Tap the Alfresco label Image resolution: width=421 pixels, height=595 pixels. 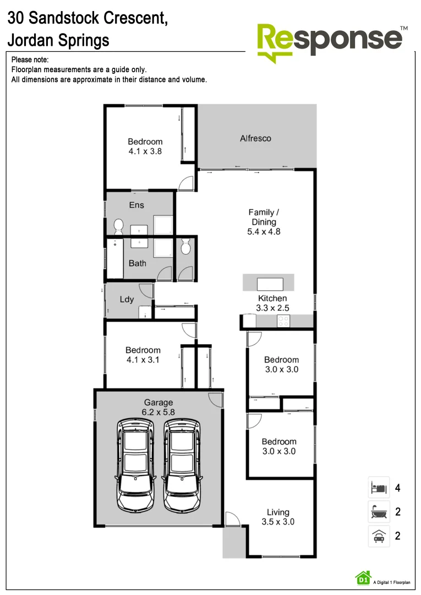(255, 138)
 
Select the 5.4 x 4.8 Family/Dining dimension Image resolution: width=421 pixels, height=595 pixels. (264, 232)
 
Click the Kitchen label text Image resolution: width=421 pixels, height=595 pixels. (272, 299)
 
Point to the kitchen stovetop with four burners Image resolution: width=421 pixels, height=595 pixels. (283, 321)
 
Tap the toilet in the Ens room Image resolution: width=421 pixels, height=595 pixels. (118, 226)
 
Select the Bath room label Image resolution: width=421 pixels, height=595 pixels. (138, 263)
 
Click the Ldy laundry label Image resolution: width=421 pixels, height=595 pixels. (127, 300)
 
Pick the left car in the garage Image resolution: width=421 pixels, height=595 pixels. (135, 464)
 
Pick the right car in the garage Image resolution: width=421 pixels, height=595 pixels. (182, 464)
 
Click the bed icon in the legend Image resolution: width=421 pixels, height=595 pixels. (379, 488)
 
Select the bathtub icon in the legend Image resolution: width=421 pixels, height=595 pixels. (379, 512)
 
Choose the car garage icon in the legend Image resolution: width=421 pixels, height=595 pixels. (379, 536)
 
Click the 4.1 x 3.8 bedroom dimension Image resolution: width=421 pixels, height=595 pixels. (145, 151)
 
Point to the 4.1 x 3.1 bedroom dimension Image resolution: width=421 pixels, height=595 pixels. (143, 360)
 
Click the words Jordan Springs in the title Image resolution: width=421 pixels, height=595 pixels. (58, 40)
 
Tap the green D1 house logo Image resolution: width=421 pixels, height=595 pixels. (363, 577)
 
